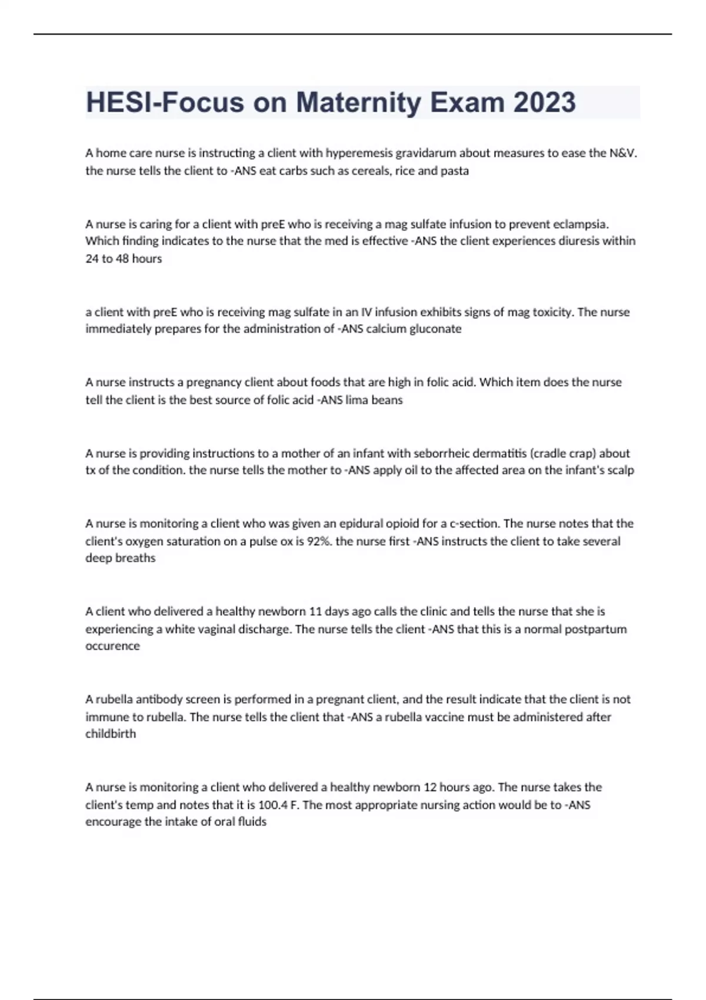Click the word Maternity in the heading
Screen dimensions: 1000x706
click(358, 102)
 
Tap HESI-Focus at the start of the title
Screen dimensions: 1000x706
click(165, 102)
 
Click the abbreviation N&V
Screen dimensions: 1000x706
click(623, 153)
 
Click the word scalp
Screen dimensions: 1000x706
click(620, 470)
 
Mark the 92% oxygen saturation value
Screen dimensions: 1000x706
click(318, 541)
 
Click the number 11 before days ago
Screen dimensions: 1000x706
click(315, 612)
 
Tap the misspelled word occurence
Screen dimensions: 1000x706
click(112, 646)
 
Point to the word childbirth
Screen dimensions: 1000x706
click(111, 734)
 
